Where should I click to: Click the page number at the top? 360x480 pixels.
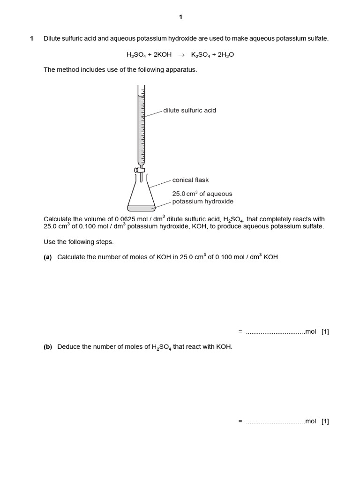click(x=180, y=17)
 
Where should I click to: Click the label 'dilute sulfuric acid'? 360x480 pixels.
click(x=189, y=111)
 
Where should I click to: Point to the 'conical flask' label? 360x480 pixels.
click(x=190, y=180)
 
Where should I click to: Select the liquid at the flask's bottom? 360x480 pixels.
click(x=141, y=208)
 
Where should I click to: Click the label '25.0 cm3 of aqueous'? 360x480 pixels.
click(x=202, y=194)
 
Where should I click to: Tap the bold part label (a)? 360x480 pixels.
click(x=48, y=257)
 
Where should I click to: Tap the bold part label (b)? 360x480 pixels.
click(x=48, y=347)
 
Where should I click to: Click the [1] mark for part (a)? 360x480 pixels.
click(x=325, y=332)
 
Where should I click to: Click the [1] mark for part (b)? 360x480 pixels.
click(x=325, y=421)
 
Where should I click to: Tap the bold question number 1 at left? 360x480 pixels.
click(x=31, y=38)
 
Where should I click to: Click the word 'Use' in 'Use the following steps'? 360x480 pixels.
click(x=50, y=242)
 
